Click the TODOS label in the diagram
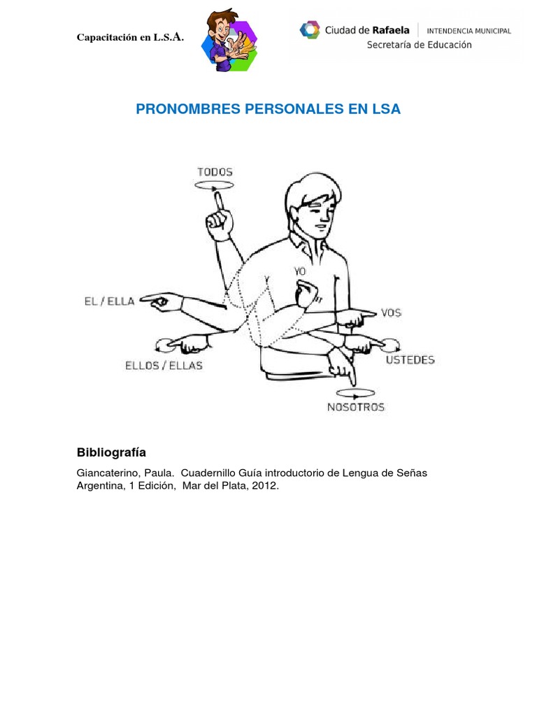[215, 172]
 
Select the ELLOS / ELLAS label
[164, 365]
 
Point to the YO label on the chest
[300, 271]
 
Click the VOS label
[391, 313]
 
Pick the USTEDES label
[410, 360]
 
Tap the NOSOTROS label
[356, 407]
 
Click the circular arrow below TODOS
[215, 186]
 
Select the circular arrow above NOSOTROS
[355, 392]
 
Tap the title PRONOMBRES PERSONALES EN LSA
[268, 110]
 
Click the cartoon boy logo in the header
[229, 41]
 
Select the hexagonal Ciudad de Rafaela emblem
[309, 30]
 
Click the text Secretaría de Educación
[419, 45]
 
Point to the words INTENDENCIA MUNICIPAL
[468, 31]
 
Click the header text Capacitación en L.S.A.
[130, 37]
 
